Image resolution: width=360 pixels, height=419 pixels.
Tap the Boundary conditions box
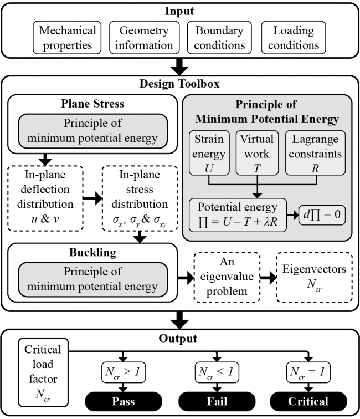[x=219, y=38]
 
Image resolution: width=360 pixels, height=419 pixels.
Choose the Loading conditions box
[x=294, y=38]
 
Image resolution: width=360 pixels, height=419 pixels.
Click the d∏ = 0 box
[x=316, y=213]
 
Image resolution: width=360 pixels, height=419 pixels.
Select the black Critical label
[x=309, y=400]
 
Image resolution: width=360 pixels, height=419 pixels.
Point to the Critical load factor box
[x=43, y=374]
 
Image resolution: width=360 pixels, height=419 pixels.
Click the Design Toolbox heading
[x=179, y=85]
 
